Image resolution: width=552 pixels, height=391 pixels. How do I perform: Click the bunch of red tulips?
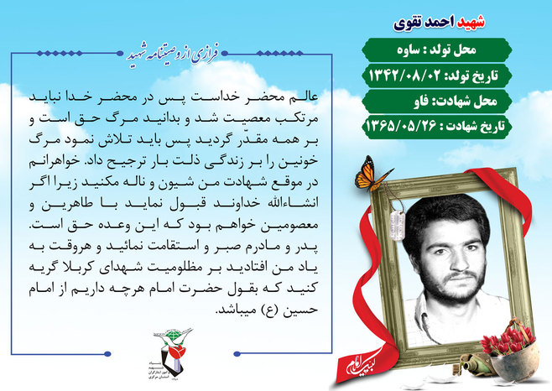point(506,339)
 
